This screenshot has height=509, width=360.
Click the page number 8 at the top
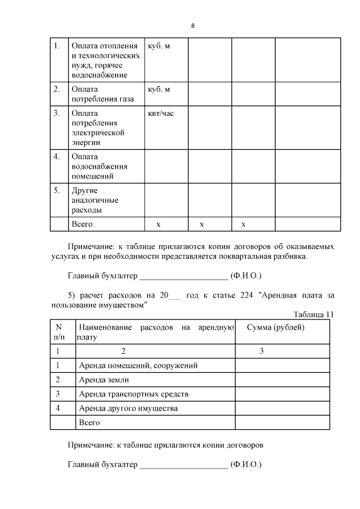point(193,26)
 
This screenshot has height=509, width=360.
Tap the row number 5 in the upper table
point(56,190)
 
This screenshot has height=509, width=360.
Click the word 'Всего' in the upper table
point(82,224)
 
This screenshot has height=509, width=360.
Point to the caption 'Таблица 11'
point(314,314)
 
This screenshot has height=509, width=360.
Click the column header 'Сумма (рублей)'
point(276,327)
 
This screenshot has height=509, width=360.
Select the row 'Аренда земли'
point(104,380)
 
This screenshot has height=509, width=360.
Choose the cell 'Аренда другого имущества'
point(128,408)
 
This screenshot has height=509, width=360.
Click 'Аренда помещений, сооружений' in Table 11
point(138,366)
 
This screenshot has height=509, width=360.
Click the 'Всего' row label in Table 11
point(89,422)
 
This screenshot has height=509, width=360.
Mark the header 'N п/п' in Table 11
point(58,332)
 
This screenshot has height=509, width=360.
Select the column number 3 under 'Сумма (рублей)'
point(262,351)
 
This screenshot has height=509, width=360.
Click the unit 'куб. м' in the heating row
point(159,46)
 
